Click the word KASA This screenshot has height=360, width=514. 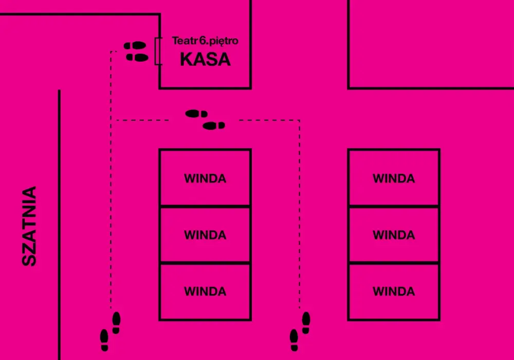click(x=205, y=59)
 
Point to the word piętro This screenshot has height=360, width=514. click(x=224, y=41)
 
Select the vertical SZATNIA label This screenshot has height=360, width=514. click(x=29, y=226)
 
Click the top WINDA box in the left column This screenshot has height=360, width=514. click(x=205, y=177)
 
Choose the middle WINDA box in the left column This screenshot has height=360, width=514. click(x=205, y=235)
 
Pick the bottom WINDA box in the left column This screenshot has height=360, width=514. click(x=205, y=292)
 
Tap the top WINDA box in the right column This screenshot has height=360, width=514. click(x=394, y=177)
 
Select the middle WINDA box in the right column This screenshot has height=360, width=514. click(x=394, y=235)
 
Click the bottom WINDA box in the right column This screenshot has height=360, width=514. click(x=394, y=292)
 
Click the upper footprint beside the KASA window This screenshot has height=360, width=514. click(x=135, y=45)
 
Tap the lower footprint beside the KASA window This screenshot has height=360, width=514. click(x=137, y=58)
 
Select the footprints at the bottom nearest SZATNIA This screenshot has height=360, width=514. click(x=110, y=332)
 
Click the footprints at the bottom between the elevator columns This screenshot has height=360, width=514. click(x=300, y=332)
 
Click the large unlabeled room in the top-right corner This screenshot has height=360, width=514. click(x=431, y=44)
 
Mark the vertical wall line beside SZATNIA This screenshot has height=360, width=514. click(x=59, y=225)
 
